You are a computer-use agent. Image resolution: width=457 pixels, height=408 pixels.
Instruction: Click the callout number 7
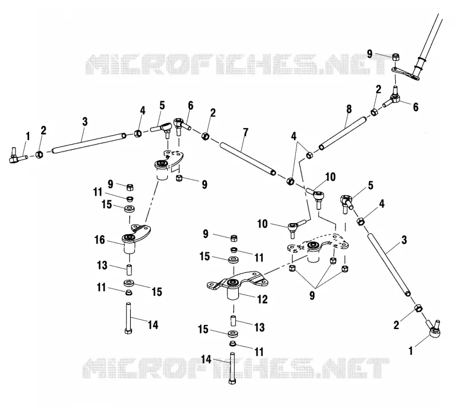[246, 132]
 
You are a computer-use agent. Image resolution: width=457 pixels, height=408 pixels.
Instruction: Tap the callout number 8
[349, 109]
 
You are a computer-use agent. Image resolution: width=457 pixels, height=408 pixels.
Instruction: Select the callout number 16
[99, 240]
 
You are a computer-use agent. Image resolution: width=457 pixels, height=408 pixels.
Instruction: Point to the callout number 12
[262, 299]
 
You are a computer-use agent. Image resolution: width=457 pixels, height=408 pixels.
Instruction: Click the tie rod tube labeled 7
[248, 159]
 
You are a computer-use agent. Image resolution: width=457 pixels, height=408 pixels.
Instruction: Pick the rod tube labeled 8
[342, 133]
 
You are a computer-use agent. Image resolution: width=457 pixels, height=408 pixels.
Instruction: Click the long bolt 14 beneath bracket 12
[232, 369]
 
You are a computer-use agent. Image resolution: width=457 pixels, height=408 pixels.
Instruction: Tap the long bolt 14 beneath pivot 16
[129, 318]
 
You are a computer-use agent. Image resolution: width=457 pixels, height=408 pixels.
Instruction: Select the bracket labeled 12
[237, 284]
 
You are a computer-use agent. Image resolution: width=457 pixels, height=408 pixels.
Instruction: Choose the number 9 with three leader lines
[312, 296]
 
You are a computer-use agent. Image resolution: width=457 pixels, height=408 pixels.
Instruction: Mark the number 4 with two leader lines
[294, 136]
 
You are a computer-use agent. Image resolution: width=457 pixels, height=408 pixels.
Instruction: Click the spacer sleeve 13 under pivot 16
[129, 270]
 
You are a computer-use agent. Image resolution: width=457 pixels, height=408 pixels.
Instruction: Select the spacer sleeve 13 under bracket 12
[233, 321]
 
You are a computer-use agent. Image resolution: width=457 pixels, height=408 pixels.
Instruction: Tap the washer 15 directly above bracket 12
[233, 259]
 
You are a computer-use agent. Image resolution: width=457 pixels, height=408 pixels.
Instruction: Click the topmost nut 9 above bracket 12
[234, 238]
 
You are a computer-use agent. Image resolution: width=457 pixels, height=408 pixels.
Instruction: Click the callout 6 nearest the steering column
[416, 107]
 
